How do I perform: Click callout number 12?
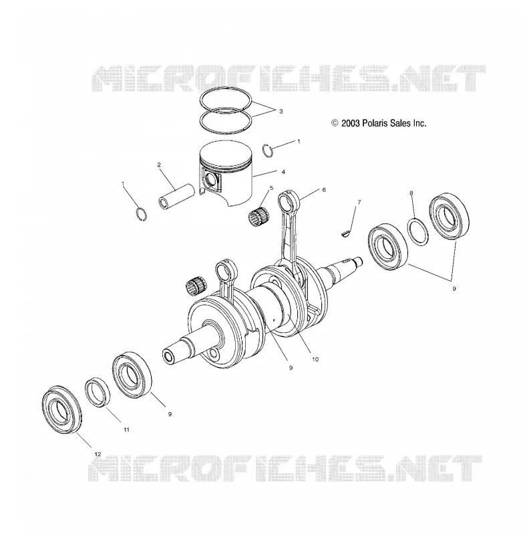click(98, 454)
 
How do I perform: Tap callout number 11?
click(126, 429)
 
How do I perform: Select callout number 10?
click(315, 359)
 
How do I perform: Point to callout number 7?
click(359, 203)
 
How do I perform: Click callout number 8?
click(411, 193)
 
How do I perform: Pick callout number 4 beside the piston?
click(283, 173)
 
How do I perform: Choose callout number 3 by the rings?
click(281, 111)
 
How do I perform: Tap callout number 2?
click(159, 165)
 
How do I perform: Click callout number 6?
click(324, 190)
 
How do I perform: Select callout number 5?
click(272, 188)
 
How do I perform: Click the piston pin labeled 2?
click(176, 197)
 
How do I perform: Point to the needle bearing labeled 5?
click(258, 216)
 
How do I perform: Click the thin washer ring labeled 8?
click(418, 231)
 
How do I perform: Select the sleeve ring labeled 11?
click(98, 393)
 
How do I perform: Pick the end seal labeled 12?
click(62, 409)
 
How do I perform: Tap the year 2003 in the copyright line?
click(351, 123)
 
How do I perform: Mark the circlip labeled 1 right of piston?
click(268, 150)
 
